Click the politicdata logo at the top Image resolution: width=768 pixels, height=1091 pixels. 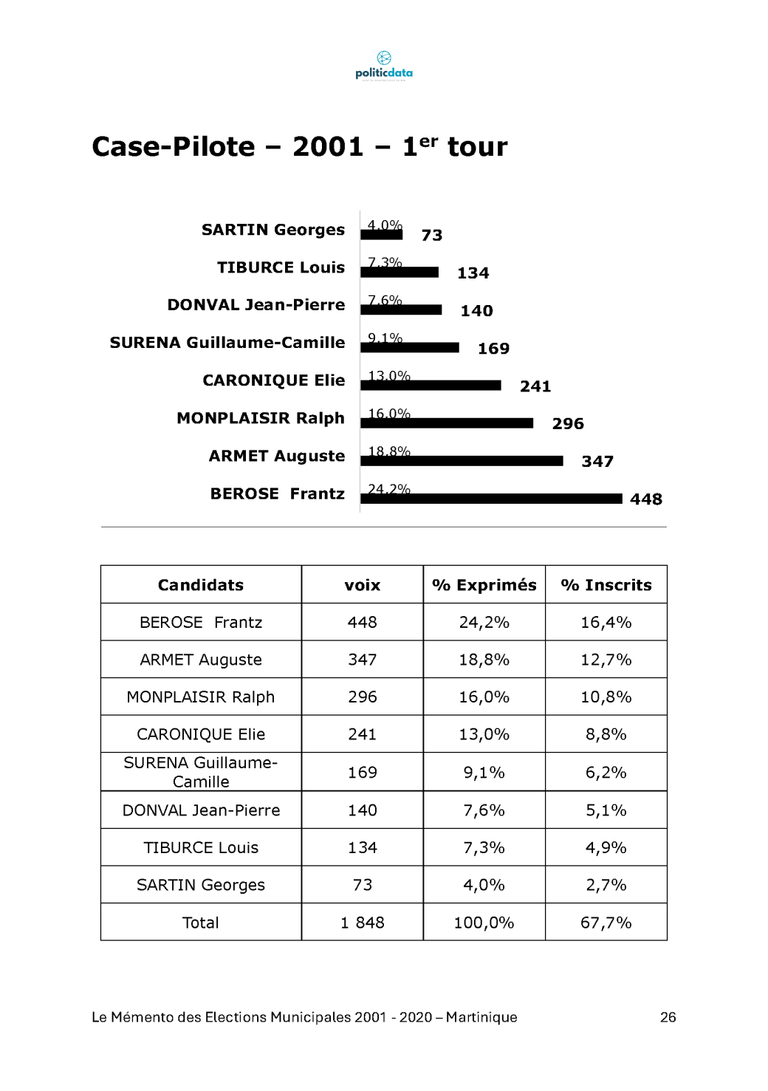tap(384, 65)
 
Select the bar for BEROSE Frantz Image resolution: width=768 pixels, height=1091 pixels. tap(491, 499)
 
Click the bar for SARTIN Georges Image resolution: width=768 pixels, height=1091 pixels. tap(381, 235)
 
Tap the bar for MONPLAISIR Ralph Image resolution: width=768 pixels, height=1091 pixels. tap(447, 423)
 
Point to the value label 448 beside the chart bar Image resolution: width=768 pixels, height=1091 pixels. tap(646, 499)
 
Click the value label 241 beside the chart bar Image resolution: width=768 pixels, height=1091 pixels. tap(535, 386)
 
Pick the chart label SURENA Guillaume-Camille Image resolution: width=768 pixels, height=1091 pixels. tap(227, 343)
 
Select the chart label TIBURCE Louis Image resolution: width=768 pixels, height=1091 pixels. tap(281, 267)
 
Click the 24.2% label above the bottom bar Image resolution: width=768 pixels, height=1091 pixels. tap(389, 488)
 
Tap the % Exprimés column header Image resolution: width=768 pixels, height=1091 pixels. tap(484, 585)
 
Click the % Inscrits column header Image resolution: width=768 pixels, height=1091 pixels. tap(606, 585)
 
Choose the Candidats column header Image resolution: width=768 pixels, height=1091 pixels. tap(201, 585)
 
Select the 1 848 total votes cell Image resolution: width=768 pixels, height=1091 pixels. tap(363, 923)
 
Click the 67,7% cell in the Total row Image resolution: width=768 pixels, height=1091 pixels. tap(606, 923)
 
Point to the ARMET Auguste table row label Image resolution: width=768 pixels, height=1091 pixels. tap(201, 660)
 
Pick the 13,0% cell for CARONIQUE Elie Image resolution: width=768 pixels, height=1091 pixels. tap(484, 734)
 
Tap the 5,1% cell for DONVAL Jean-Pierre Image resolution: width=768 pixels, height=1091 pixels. tap(606, 810)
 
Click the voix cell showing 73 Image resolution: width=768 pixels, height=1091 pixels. tap(363, 885)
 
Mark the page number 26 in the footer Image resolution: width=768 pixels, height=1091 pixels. tap(668, 1017)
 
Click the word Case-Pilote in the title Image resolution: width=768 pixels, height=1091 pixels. tap(173, 147)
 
